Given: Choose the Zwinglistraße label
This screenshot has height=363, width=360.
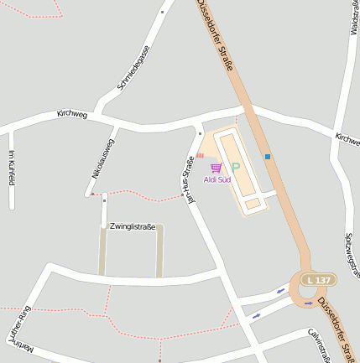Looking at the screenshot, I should tap(132, 226).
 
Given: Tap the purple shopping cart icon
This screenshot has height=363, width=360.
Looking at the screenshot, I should tap(217, 169).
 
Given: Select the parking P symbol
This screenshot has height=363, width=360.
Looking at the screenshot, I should tap(235, 168).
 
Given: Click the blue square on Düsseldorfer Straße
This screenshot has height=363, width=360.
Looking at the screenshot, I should tap(268, 156).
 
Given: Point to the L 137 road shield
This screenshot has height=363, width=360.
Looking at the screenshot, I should tap(318, 279).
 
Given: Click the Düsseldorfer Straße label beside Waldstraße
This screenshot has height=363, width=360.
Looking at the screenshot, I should tap(214, 35).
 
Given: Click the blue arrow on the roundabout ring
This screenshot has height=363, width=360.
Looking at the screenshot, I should tap(309, 303).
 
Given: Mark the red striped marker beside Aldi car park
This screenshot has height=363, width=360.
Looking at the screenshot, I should tap(200, 155).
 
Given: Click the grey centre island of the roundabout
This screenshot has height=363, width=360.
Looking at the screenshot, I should tap(312, 289).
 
